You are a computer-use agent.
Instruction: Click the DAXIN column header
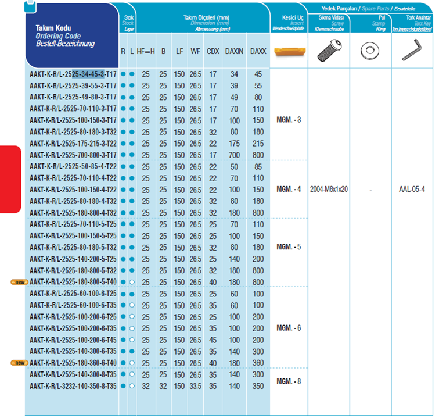pyautogui.click(x=234, y=51)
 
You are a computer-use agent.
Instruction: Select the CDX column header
pyautogui.click(x=213, y=51)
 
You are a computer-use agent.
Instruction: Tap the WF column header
pyautogui.click(x=196, y=51)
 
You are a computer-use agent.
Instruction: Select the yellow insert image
pyautogui.click(x=289, y=51)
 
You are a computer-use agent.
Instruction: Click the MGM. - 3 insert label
pyautogui.click(x=289, y=120)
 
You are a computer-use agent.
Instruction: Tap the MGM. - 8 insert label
pyautogui.click(x=289, y=381)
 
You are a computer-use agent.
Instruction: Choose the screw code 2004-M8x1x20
pyautogui.click(x=329, y=190)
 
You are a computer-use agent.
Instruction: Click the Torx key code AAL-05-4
pyautogui.click(x=412, y=190)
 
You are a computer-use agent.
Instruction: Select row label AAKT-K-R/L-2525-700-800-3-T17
pyautogui.click(x=73, y=155)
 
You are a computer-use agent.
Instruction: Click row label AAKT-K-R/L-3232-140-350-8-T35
pyautogui.click(x=73, y=386)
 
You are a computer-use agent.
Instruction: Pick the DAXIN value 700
pyautogui.click(x=234, y=155)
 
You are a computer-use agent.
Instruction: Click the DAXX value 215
pyautogui.click(x=258, y=143)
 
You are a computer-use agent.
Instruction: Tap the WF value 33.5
pyautogui.click(x=196, y=386)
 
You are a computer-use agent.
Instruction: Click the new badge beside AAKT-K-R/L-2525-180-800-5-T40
pyautogui.click(x=19, y=282)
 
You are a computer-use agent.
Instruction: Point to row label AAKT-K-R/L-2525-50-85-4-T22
pyautogui.click(x=73, y=166)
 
